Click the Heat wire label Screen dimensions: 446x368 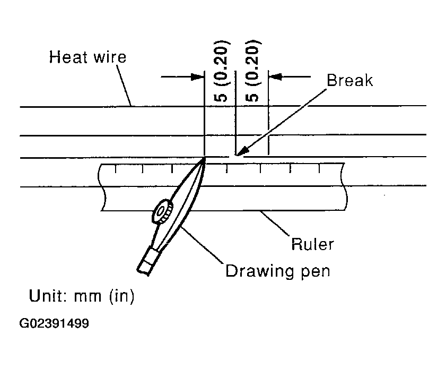(88, 57)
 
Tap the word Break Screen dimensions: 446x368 (349, 80)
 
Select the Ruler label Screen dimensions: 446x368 (312, 244)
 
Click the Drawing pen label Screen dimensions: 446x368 (277, 271)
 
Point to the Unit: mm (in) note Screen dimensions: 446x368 (82, 296)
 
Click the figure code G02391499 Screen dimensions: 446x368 (54, 323)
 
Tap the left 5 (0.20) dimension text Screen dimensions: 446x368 (221, 71)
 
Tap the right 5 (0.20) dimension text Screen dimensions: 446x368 (252, 71)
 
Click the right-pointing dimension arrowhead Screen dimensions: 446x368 (197, 76)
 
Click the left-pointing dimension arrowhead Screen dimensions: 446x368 (275, 76)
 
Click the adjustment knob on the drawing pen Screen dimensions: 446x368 (162, 211)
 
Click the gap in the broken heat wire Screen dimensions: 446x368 (232, 156)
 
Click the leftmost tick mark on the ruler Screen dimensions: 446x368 (115, 168)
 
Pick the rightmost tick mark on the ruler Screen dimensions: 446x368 (319, 168)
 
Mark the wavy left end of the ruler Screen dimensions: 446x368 (101, 187)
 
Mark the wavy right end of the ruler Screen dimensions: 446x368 (344, 186)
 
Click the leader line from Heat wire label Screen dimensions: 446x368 (124, 85)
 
